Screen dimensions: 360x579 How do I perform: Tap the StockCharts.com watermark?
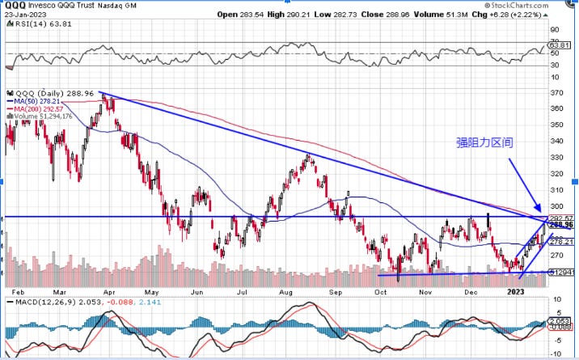click(542, 6)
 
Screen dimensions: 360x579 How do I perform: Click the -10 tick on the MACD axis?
click(556, 354)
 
